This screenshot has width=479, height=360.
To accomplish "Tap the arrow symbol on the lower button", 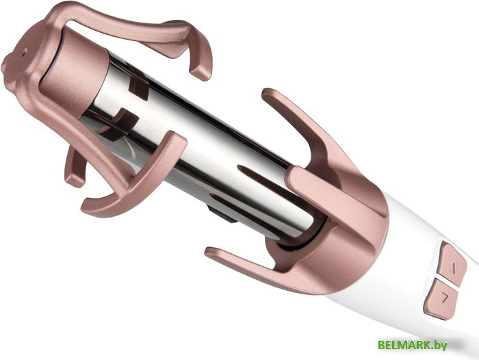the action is coord(445,297).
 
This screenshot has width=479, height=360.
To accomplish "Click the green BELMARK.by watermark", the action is coord(413,345).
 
